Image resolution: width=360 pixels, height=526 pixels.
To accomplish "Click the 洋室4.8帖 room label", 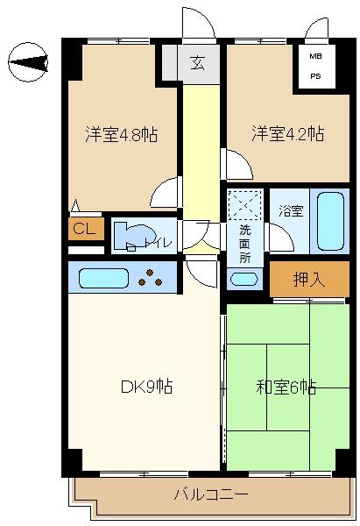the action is tap(122, 134).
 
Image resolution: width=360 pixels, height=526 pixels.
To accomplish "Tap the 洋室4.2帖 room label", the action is tap(288, 133).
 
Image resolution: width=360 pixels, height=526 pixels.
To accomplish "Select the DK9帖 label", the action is tap(147, 387).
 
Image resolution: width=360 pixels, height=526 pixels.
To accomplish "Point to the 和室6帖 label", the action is tap(286, 387).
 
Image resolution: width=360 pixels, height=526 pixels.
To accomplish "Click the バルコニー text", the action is tap(211, 494).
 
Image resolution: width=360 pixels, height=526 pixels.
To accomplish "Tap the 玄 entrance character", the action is tap(198, 63).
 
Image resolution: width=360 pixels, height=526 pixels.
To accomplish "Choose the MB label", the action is tap(315, 56).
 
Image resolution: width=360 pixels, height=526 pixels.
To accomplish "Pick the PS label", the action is tap(315, 76).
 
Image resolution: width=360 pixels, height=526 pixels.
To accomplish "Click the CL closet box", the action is tap(86, 229).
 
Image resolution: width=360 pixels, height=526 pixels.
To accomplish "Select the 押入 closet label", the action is tap(308, 279).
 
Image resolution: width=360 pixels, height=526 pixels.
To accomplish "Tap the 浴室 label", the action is tap(291, 211).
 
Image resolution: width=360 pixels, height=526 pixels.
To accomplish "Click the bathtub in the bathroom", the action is tap(330, 222).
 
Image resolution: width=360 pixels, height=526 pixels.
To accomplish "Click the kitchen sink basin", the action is tap(103, 278).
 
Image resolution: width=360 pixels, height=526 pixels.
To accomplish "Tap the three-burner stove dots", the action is tap(150, 278).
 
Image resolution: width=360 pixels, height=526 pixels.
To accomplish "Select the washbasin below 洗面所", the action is tap(244, 279).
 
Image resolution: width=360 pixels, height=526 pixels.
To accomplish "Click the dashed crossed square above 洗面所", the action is tap(244, 204).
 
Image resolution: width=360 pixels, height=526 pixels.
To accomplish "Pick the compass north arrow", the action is tap(28, 62).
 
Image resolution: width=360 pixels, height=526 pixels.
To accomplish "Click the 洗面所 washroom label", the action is tap(244, 245).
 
